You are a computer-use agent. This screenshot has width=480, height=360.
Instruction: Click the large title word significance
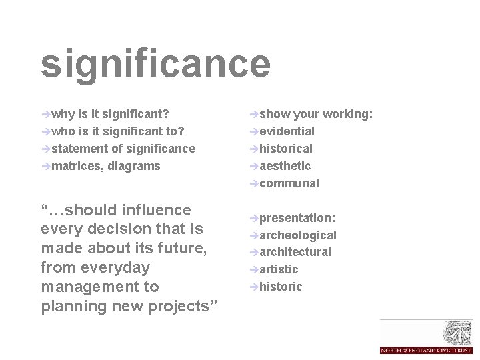point(155,64)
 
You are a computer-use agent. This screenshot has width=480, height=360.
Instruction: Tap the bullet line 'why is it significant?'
point(110,114)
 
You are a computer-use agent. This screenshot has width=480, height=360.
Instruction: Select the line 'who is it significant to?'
point(117,131)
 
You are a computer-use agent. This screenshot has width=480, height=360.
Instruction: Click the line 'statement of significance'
point(123,149)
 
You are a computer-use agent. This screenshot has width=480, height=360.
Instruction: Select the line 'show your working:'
point(316,114)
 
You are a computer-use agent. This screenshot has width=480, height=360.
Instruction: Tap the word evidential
point(287,131)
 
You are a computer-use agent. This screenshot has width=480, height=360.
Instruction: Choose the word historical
point(285,149)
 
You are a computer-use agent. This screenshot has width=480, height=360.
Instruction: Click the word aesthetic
point(285,165)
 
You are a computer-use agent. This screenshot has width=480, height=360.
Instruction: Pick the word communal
point(289,183)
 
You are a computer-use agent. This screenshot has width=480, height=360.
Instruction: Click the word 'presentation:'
point(297,218)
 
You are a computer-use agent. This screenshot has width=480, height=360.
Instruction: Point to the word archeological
point(297,235)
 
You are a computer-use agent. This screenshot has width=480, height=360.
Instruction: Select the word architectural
point(295,252)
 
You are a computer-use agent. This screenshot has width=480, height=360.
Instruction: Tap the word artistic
point(279,269)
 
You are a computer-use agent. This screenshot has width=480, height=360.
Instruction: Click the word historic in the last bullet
point(281,287)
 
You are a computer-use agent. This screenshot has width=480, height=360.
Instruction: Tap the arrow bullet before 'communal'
point(253,183)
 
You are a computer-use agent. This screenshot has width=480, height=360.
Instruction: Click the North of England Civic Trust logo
point(426,337)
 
